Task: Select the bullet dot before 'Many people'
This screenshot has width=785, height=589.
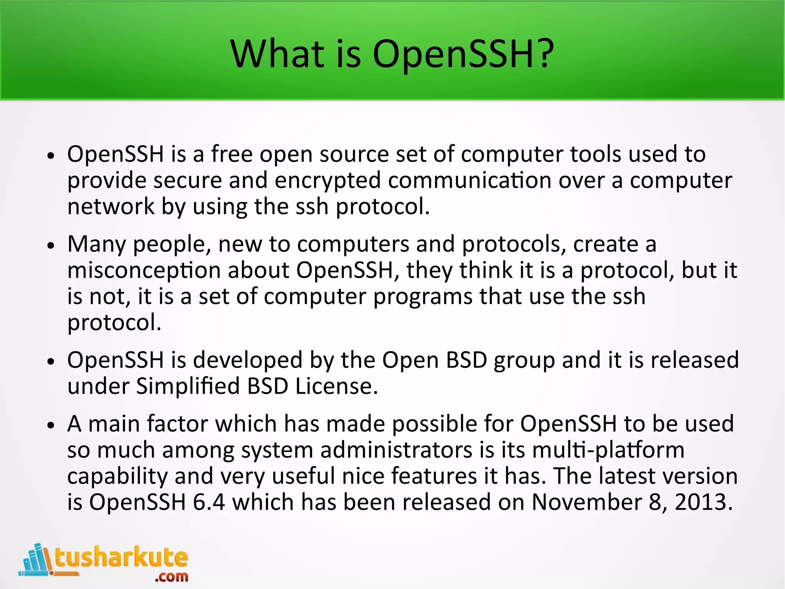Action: pos(51,246)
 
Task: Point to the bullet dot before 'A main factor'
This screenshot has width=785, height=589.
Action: pos(51,426)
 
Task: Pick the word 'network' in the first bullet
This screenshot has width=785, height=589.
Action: pos(111,206)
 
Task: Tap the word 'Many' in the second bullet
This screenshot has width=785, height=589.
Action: pos(96,244)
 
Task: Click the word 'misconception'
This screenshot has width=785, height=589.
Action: pos(144,271)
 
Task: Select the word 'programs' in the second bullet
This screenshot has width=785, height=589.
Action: pos(423,297)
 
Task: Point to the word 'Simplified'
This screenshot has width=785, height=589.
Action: pos(188,386)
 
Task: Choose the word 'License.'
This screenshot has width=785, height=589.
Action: pos(336,386)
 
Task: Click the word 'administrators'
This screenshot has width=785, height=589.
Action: pos(396,450)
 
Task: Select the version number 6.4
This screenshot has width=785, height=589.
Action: pos(209,502)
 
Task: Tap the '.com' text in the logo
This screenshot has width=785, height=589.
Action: pos(171,576)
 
